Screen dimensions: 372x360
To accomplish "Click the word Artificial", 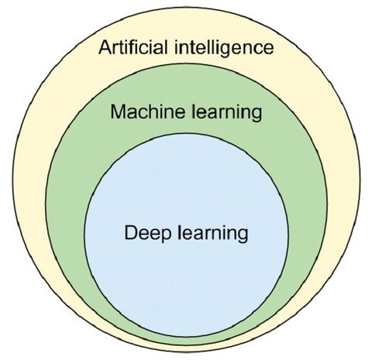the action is point(133,47).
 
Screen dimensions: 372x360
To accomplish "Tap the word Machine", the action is point(148,111).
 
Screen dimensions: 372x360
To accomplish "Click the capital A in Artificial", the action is point(105,47).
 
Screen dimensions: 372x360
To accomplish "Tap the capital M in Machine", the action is point(119,111).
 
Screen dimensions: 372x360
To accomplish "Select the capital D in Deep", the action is point(132,233).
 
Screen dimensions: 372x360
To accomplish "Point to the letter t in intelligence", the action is point(190,48).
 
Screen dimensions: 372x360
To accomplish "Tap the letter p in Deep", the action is point(166,237).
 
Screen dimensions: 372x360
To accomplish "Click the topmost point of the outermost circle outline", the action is point(187,7).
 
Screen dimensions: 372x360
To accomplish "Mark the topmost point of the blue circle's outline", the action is point(187,133).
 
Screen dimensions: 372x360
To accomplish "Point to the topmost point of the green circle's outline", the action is point(187,63).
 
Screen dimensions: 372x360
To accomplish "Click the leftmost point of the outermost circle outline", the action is point(12,180).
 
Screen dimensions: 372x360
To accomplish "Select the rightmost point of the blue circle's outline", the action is point(288,235).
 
